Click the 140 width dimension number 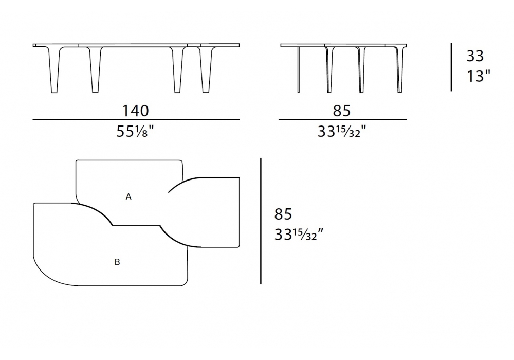pyautogui.click(x=135, y=111)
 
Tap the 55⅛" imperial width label pyautogui.click(x=135, y=132)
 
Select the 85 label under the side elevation pyautogui.click(x=342, y=111)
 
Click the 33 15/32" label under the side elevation pyautogui.click(x=342, y=132)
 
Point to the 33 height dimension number pyautogui.click(x=475, y=56)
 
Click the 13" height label pyautogui.click(x=478, y=76)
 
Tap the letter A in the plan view pyautogui.click(x=128, y=197)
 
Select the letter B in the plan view pyautogui.click(x=117, y=262)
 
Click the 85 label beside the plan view pyautogui.click(x=283, y=214)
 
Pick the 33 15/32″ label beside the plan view pyautogui.click(x=299, y=235)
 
